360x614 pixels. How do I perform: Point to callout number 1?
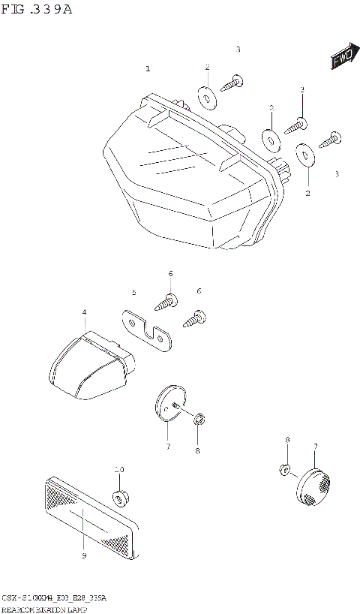pyautogui.click(x=148, y=69)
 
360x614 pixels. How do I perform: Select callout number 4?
pyautogui.click(x=84, y=312)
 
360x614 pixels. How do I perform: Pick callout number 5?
pyautogui.click(x=133, y=292)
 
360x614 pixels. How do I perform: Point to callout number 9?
pyautogui.click(x=84, y=555)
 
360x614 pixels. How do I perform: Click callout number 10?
pyautogui.click(x=118, y=470)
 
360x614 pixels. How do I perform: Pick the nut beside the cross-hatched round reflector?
pyautogui.click(x=285, y=470)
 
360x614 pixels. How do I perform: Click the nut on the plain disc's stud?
pyautogui.click(x=199, y=418)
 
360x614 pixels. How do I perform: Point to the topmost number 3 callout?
pyautogui.click(x=238, y=50)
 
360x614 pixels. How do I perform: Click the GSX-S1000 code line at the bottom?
pyautogui.click(x=53, y=597)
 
